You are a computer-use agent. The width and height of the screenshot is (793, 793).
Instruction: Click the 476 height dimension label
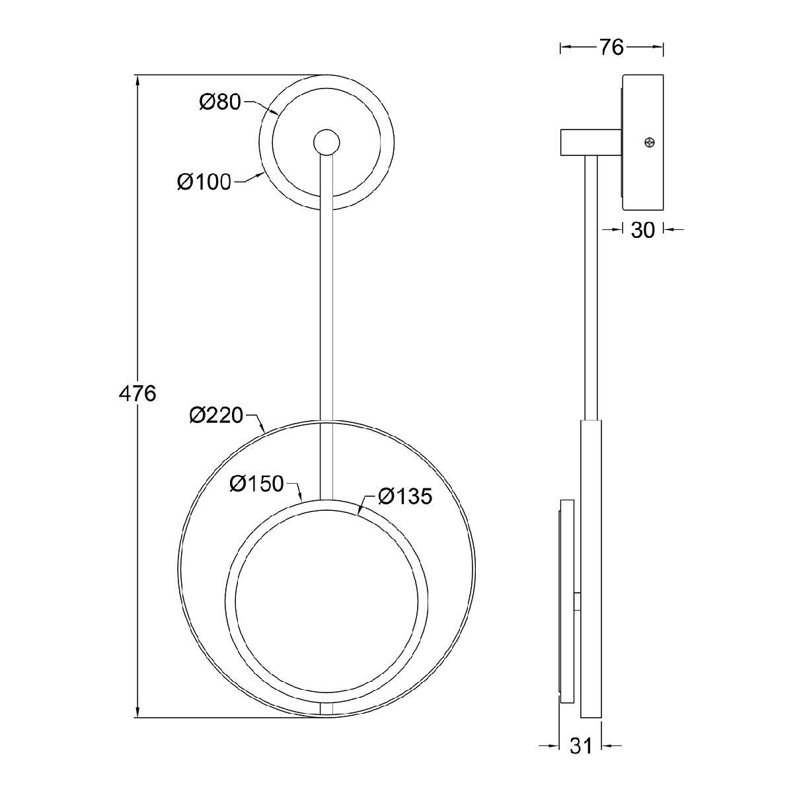tap(137, 394)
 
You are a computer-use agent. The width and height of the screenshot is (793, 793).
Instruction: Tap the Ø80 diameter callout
tap(220, 102)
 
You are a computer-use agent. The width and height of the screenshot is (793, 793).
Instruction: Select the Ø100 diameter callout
tap(204, 182)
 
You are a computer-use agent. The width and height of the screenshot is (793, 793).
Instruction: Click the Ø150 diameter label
tap(257, 484)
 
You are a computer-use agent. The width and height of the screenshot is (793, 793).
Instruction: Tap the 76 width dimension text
tap(611, 48)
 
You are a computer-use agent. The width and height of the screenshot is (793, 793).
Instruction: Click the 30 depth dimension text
tap(642, 230)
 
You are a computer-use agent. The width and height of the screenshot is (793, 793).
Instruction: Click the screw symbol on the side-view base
tap(650, 143)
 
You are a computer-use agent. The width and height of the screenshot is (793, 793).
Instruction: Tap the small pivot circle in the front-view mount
tap(326, 142)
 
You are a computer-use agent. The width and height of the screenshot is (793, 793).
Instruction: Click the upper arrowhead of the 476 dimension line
tap(137, 81)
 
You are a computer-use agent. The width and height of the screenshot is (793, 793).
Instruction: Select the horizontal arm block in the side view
tap(591, 143)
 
